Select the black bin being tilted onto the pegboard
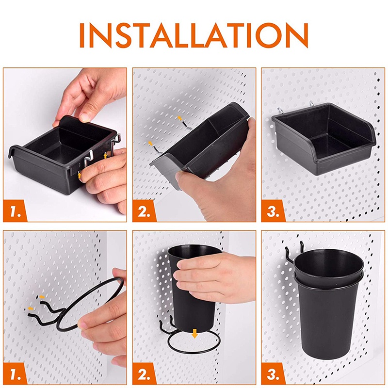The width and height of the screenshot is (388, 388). point(204,141)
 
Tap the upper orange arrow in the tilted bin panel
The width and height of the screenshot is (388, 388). point(180,118)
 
